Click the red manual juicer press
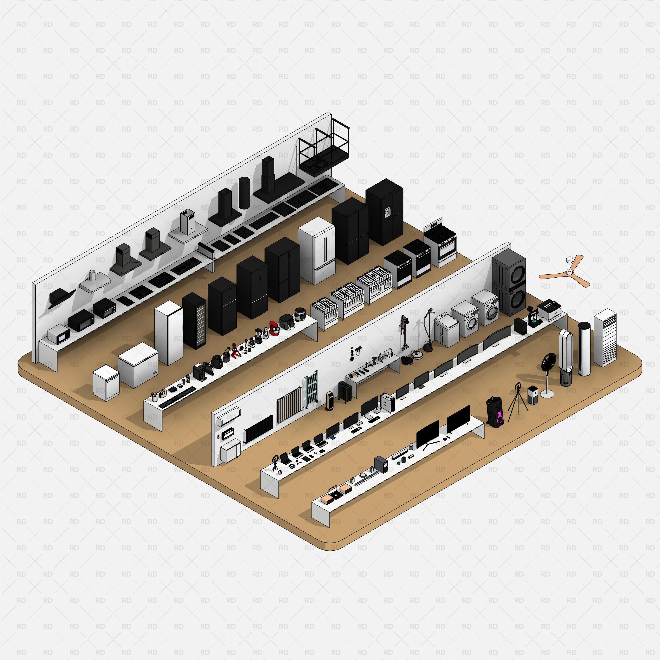(235, 350)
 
